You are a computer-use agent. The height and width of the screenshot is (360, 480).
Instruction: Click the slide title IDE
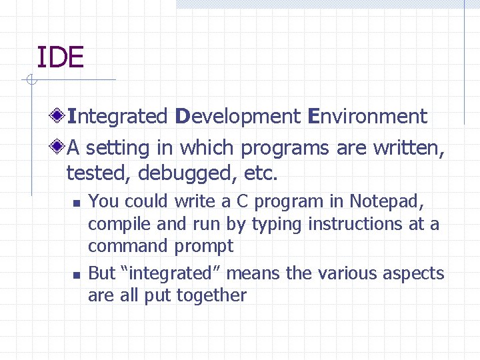click(x=60, y=57)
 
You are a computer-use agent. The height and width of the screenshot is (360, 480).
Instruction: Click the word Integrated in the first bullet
click(x=117, y=117)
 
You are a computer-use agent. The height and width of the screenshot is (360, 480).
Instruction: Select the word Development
click(x=238, y=117)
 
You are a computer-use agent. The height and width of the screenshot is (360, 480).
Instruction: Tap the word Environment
click(x=367, y=117)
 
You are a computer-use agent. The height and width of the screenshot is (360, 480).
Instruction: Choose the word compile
click(x=116, y=224)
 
